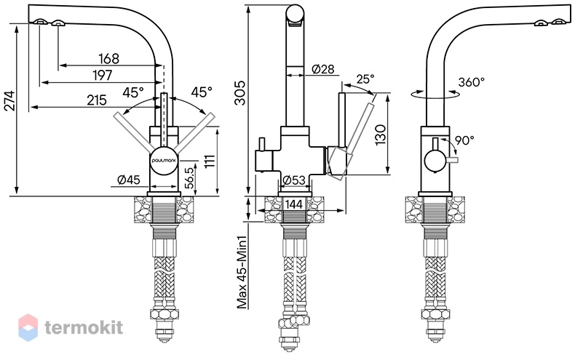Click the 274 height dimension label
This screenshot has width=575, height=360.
point(10,100)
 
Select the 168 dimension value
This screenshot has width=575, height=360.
point(109,59)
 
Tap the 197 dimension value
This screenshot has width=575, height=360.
point(103,76)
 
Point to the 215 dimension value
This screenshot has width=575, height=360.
point(97,100)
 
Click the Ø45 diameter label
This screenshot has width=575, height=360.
point(129,180)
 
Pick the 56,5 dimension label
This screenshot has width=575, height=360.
point(189,178)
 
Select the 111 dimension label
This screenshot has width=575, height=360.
point(210,161)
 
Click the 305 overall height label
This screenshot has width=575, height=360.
point(240,93)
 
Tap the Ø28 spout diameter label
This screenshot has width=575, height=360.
point(323,69)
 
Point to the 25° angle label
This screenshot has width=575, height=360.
point(365,79)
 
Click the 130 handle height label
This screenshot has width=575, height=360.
point(381,135)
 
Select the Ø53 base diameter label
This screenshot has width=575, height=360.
point(294,180)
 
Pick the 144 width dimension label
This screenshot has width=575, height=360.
point(294,204)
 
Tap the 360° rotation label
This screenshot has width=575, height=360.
point(472,82)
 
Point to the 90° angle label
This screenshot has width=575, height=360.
point(464,140)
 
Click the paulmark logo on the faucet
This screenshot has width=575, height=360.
point(164,160)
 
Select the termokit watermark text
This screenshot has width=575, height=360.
point(84,327)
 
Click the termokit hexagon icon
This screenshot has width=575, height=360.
point(28,327)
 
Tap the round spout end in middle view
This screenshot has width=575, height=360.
point(295,15)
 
